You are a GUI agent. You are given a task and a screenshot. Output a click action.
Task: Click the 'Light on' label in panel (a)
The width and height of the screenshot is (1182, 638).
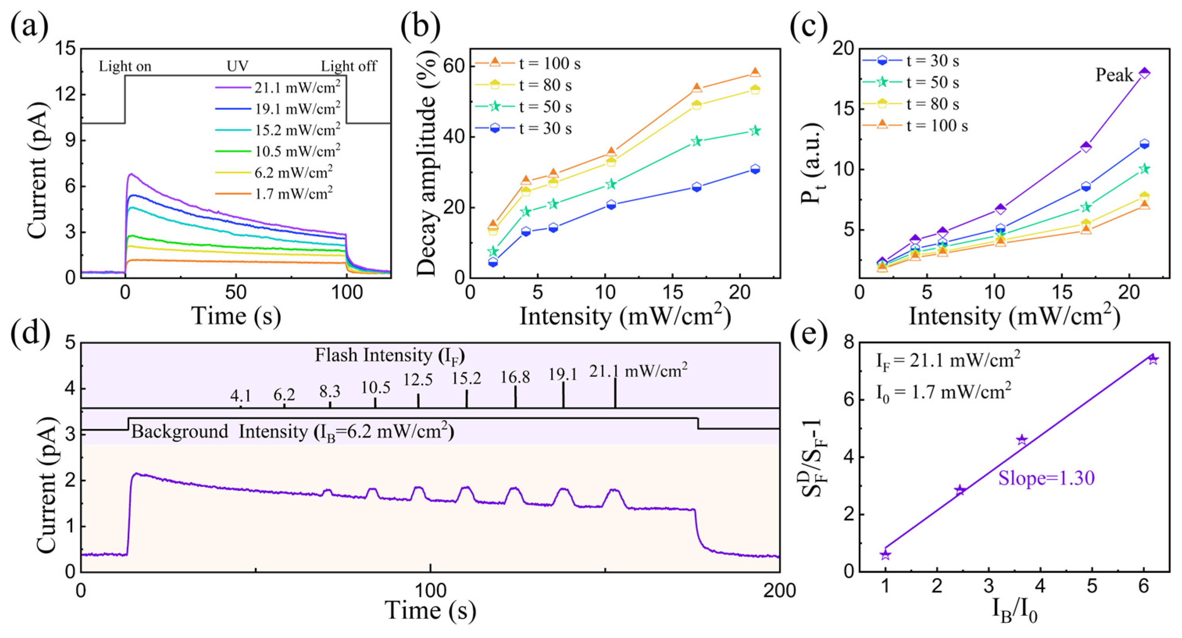(x=125, y=66)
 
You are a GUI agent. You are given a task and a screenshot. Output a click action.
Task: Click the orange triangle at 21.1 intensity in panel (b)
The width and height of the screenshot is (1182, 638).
(x=755, y=73)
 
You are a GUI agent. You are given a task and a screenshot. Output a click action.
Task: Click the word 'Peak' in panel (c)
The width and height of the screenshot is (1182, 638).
(x=1114, y=75)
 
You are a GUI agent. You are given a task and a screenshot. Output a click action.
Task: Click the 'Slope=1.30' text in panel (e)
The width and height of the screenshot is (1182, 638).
(x=1046, y=478)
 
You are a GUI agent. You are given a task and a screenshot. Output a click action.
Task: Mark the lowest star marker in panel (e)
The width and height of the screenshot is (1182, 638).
(x=885, y=555)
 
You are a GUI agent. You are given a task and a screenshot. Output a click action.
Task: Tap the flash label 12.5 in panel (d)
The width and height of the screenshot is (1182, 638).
(x=417, y=380)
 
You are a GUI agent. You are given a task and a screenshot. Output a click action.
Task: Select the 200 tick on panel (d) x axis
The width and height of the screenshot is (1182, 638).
(x=779, y=590)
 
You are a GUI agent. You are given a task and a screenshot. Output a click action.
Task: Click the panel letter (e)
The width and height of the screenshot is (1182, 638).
(x=808, y=333)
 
